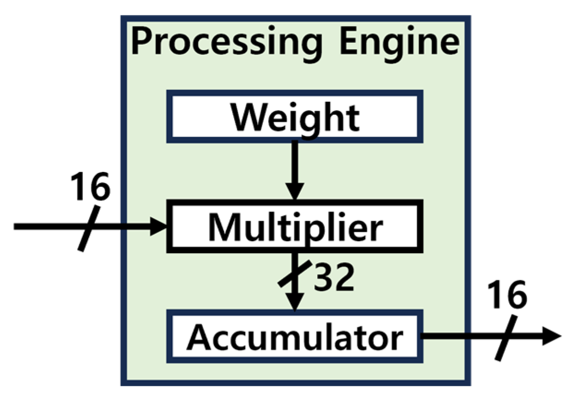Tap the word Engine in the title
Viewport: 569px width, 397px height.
tap(399, 42)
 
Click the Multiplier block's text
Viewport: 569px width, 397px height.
tap(295, 226)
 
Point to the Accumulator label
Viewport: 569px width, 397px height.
tap(295, 338)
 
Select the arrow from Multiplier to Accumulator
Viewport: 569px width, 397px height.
tap(295, 281)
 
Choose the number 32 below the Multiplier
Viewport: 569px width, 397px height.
tap(334, 278)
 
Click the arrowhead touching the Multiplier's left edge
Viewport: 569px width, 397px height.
tap(159, 226)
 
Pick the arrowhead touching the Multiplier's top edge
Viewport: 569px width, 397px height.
tap(295, 191)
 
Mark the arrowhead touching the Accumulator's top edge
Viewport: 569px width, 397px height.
tap(295, 304)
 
